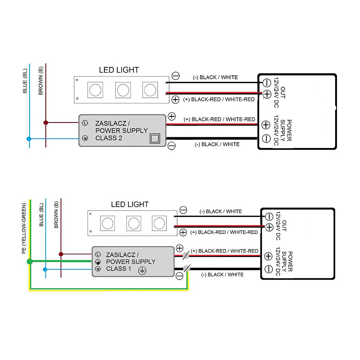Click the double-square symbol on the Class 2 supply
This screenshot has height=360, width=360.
pyautogui.click(x=155, y=139)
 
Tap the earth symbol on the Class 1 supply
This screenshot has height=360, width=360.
pyautogui.click(x=142, y=271)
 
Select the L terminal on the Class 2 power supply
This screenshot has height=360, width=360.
pyautogui.click(x=85, y=123)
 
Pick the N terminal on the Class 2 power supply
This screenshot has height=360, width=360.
pyautogui.click(x=85, y=138)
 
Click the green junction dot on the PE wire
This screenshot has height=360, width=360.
pyautogui.click(x=30, y=261)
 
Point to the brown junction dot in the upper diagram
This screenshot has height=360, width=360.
pyautogui.click(x=46, y=123)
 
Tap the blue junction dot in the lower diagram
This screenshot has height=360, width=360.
pyautogui.click(x=45, y=269)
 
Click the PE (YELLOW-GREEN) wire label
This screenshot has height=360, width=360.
pyautogui.click(x=24, y=228)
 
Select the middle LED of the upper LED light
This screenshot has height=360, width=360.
pyautogui.click(x=123, y=90)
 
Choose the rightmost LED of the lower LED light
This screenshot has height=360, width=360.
pyautogui.click(x=159, y=223)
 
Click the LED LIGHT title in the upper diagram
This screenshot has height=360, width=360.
pyautogui.click(x=119, y=70)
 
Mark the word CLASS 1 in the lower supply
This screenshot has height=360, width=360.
pyautogui.click(x=118, y=269)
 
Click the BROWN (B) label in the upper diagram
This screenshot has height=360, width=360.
pyautogui.click(x=41, y=81)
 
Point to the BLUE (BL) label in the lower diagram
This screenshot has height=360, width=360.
pyautogui.click(x=41, y=215)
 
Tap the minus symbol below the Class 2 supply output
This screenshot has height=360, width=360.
pyautogui.click(x=171, y=146)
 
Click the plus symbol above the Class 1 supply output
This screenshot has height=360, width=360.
pyautogui.click(x=180, y=248)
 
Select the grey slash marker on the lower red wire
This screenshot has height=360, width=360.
pyautogui.click(x=186, y=255)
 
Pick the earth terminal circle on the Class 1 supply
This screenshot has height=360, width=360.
pyautogui.click(x=98, y=261)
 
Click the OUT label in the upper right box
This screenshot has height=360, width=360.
pyautogui.click(x=283, y=93)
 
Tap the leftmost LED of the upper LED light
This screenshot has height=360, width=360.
pyautogui.click(x=95, y=90)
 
